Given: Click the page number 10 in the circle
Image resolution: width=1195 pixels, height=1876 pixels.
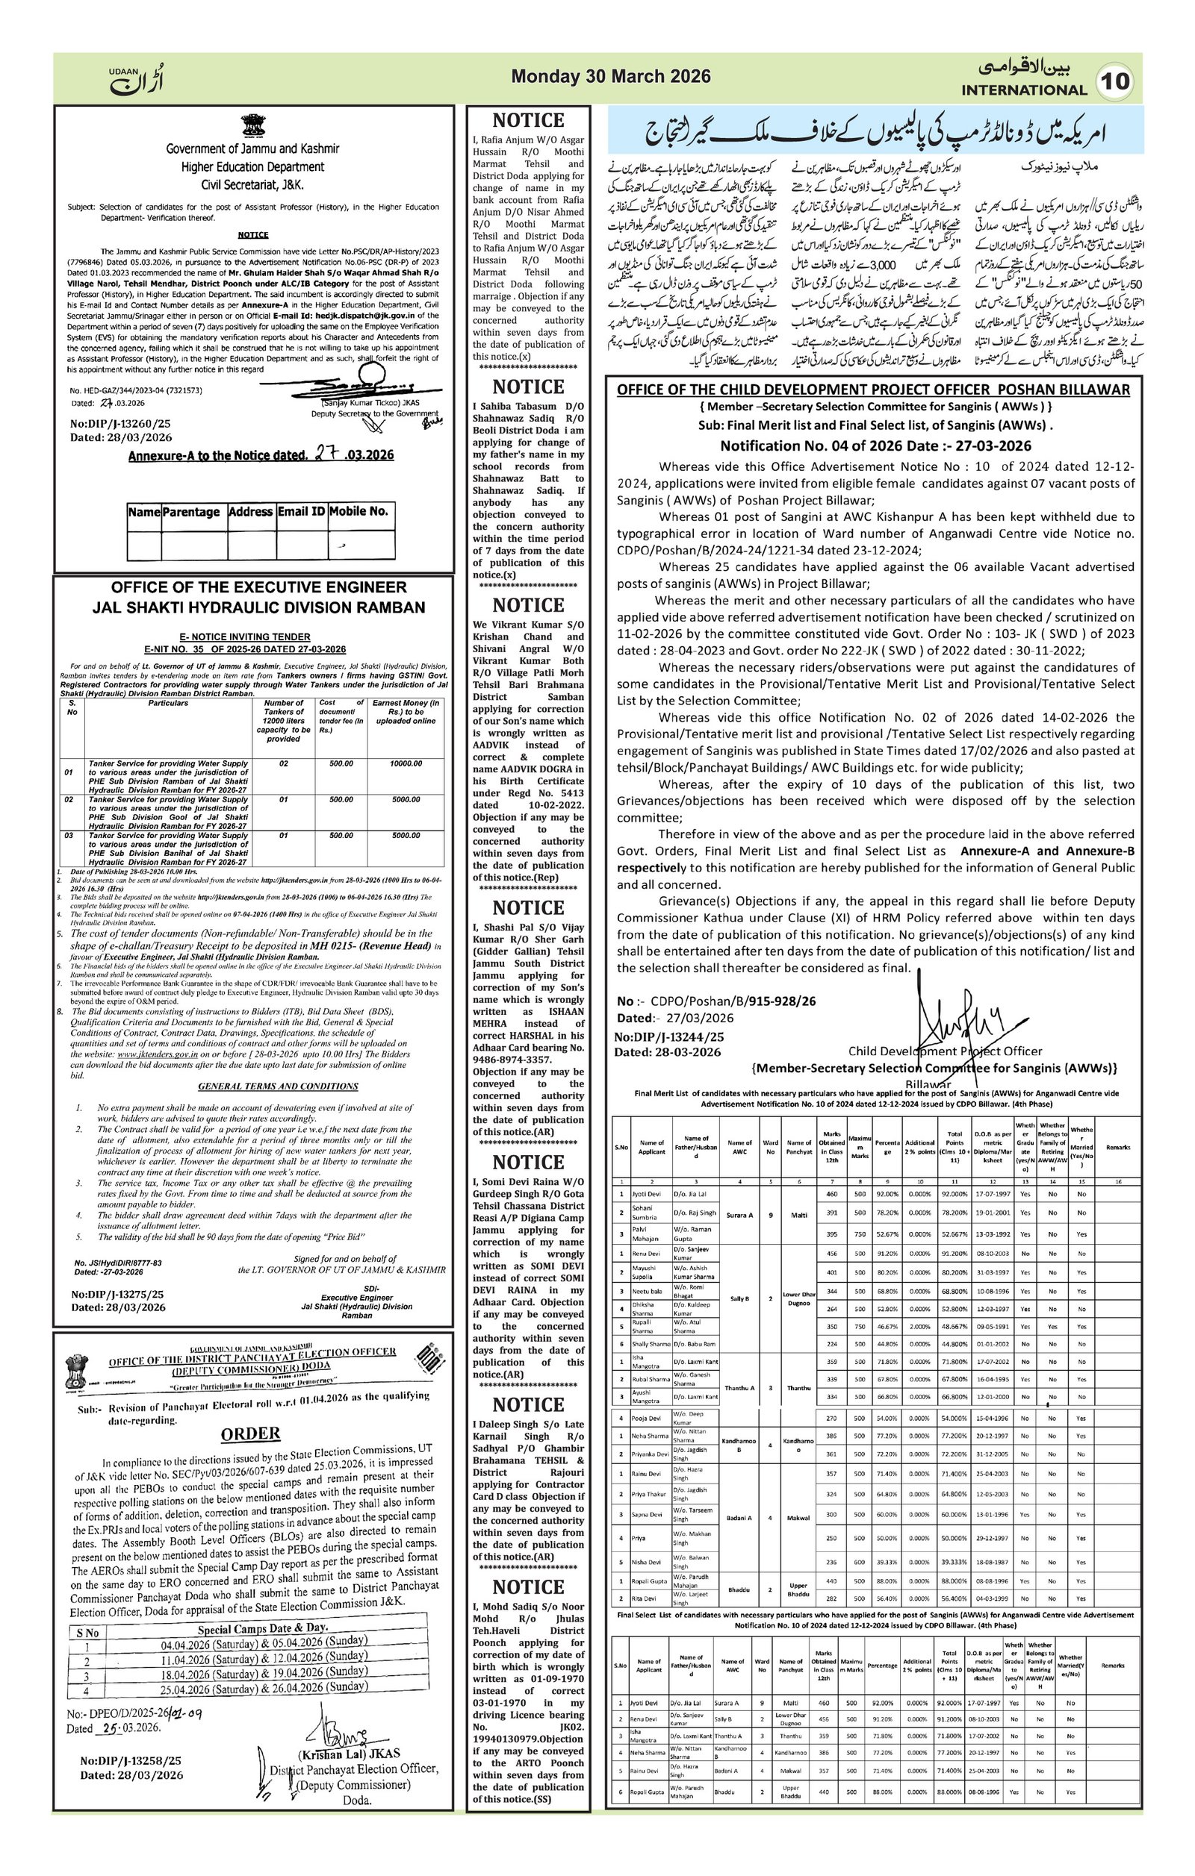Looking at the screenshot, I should pos(1116,82).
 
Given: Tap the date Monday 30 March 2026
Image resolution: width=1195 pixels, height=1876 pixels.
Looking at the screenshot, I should pos(610,76).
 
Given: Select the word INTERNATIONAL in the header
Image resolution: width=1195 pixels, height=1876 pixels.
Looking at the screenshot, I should pos(1023,90).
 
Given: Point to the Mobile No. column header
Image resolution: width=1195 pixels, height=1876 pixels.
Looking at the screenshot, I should pos(358,512).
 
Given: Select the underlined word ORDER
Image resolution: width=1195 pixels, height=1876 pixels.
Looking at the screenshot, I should pos(250,1433).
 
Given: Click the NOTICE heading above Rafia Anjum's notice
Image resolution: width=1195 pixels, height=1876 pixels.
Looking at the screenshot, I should pos(528,121).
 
